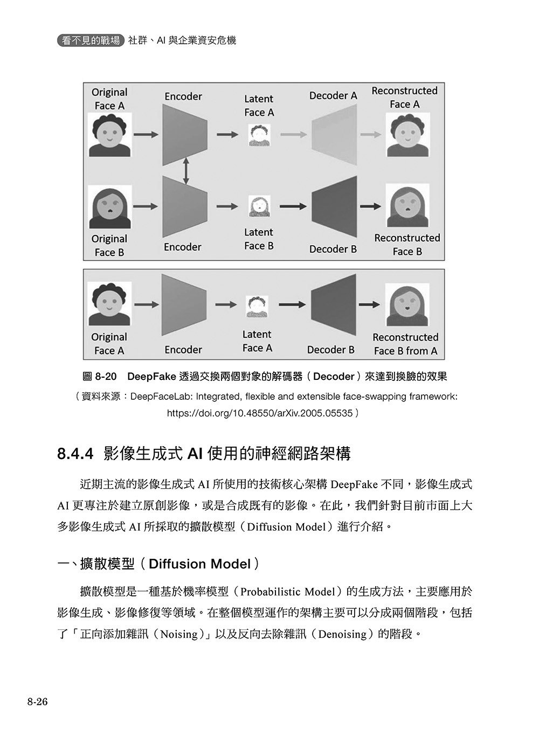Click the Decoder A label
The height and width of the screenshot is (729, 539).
tap(333, 95)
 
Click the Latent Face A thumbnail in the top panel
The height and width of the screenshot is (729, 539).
tap(259, 135)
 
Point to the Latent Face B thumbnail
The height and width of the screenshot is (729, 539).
tap(259, 206)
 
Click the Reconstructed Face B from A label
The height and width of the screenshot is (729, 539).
tap(405, 344)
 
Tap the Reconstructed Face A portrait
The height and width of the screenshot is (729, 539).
tap(406, 135)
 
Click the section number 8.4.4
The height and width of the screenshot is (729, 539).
tap(75, 454)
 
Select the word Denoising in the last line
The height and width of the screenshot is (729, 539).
tap(342, 634)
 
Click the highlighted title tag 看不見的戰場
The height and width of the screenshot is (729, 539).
tap(91, 40)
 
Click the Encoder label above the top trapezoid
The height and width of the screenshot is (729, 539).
tap(183, 96)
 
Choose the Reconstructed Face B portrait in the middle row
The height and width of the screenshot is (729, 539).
tap(407, 207)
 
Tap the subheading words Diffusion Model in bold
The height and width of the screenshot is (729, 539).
tap(199, 564)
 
